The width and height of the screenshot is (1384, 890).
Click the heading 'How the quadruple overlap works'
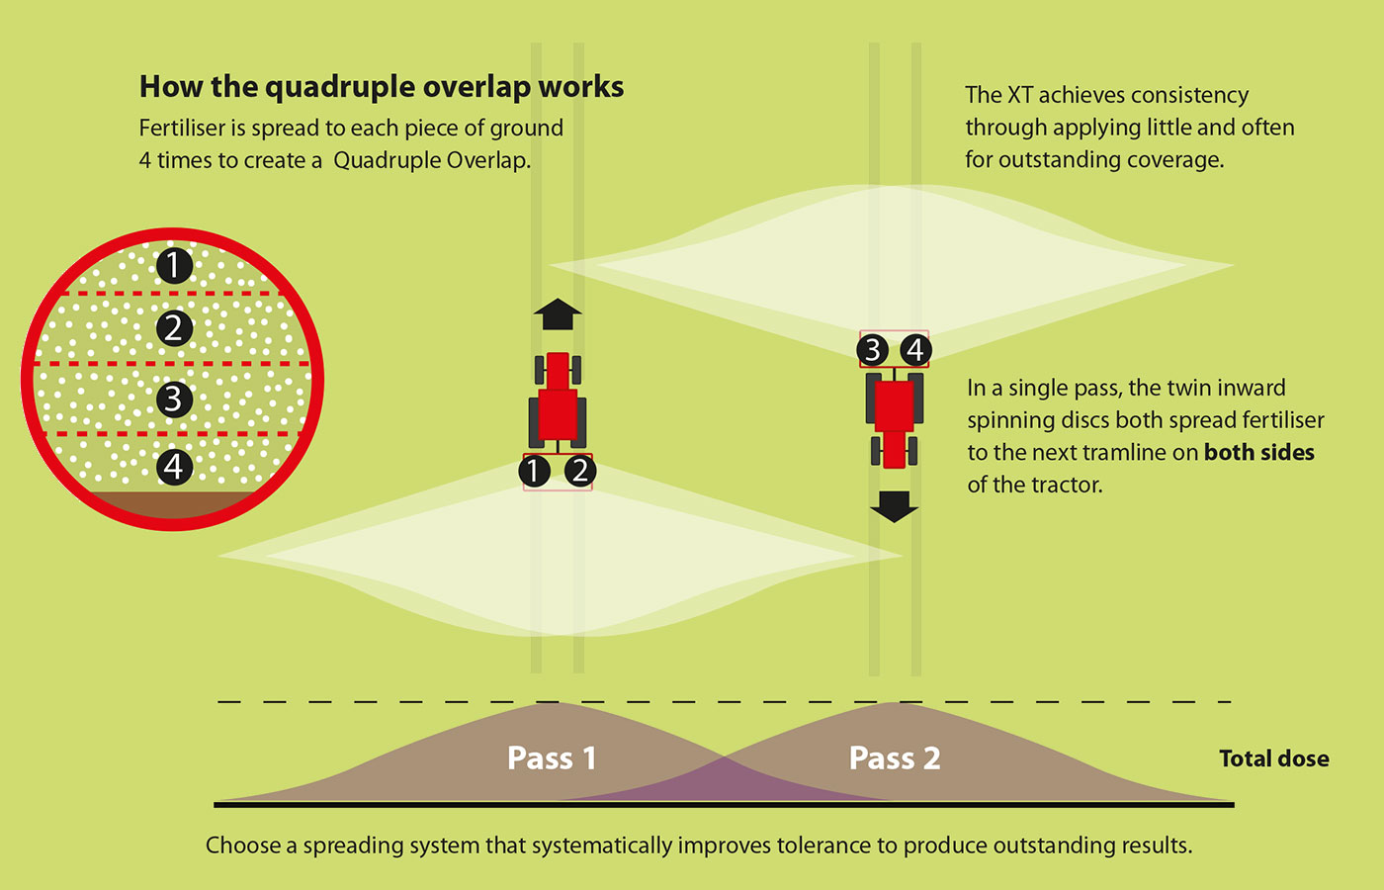[381, 87]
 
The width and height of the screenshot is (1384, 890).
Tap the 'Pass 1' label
[551, 758]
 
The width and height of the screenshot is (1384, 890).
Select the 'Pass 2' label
[894, 758]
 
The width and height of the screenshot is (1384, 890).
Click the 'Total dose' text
[1273, 758]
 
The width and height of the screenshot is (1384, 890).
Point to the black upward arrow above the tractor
[558, 313]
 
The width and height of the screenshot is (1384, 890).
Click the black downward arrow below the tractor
[894, 506]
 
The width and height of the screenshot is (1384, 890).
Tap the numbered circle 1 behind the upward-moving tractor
[534, 472]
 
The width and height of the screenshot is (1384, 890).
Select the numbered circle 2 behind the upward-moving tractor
[580, 472]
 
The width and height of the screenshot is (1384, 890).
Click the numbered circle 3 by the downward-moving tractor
[872, 349]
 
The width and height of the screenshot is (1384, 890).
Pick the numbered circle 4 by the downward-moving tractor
[915, 349]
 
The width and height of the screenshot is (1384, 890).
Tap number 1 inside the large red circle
[174, 265]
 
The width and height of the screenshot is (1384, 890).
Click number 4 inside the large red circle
[174, 466]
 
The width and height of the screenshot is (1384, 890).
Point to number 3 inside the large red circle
[174, 399]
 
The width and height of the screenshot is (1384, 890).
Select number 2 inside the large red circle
[174, 327]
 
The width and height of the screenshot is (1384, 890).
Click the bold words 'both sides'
[1258, 453]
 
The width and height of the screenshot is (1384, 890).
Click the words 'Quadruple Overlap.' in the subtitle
[432, 160]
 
